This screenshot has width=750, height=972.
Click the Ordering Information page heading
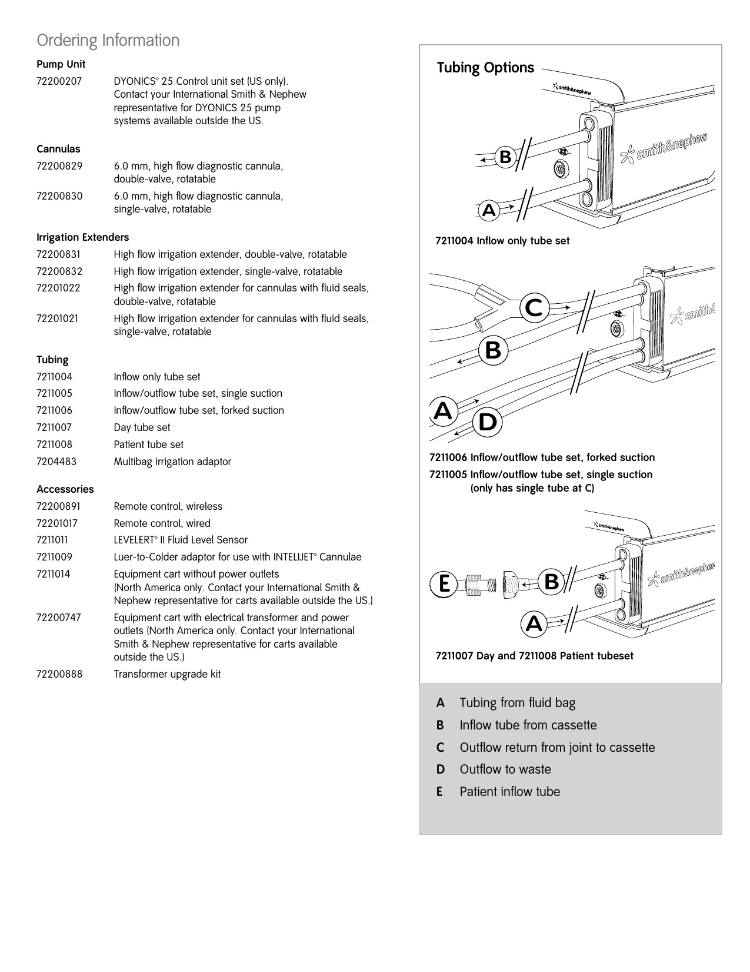(x=108, y=40)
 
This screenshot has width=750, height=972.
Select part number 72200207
(x=59, y=81)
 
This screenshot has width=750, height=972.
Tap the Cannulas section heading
(x=59, y=149)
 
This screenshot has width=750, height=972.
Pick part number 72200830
(x=59, y=196)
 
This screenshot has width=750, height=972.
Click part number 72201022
(x=59, y=288)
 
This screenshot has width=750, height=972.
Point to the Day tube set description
(x=142, y=427)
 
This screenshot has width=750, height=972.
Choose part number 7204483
(x=56, y=462)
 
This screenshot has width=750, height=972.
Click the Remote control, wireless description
(x=168, y=506)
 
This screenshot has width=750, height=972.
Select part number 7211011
(x=52, y=540)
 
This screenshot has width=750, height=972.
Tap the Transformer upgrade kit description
(x=167, y=674)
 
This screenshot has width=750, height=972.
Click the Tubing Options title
(x=485, y=68)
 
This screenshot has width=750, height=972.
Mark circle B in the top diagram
(x=505, y=157)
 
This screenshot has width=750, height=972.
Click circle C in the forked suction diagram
(x=534, y=308)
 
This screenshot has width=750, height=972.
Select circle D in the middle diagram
(x=487, y=422)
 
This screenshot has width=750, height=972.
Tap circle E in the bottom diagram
(x=444, y=584)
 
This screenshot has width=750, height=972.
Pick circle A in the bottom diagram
(x=534, y=623)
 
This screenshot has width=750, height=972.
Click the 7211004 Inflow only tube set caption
(x=502, y=241)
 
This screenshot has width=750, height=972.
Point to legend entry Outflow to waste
(x=505, y=769)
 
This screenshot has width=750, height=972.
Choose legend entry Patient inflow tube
(x=510, y=791)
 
